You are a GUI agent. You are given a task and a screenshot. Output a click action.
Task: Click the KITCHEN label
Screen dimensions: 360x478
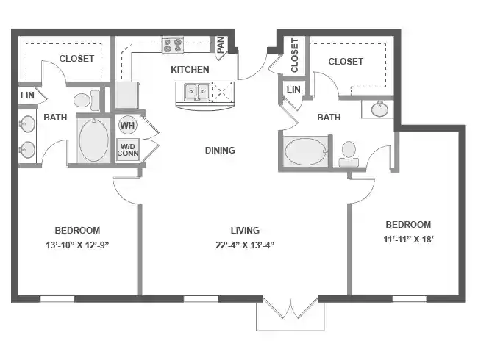(x=190, y=70)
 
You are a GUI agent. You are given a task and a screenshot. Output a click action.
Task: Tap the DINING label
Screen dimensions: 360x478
(x=220, y=151)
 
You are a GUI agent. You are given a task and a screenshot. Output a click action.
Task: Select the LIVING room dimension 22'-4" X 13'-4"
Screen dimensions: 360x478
(x=244, y=245)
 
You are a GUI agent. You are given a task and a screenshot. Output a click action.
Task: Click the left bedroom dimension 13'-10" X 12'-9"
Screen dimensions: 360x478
(x=77, y=245)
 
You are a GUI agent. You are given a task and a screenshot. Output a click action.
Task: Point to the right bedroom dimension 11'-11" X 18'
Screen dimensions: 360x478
(x=407, y=240)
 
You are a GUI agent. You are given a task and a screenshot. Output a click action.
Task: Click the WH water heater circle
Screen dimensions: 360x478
(x=127, y=125)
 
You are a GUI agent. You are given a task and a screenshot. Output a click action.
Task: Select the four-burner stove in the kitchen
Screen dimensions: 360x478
(x=172, y=46)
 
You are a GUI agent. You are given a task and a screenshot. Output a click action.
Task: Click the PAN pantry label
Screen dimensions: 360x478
(x=219, y=45)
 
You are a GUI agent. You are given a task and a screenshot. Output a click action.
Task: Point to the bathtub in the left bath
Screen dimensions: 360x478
(x=93, y=140)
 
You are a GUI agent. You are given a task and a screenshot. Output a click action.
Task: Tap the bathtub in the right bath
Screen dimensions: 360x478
(x=307, y=152)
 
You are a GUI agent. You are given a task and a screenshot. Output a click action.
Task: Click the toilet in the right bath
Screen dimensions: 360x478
(x=349, y=154)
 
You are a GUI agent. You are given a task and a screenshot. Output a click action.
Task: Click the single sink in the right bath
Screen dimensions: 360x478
(x=379, y=109)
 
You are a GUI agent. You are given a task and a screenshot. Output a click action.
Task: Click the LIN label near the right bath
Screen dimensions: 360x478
(x=293, y=90)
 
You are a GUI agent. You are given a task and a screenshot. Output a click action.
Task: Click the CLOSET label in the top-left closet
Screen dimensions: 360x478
(x=76, y=59)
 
